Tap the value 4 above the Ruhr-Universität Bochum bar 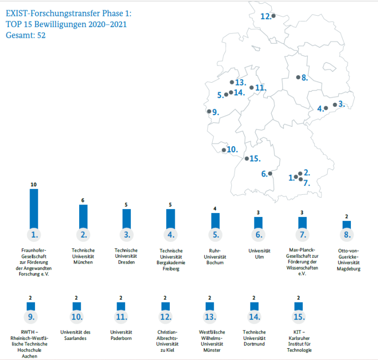click(x=215, y=209)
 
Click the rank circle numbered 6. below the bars click(x=258, y=235)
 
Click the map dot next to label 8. click(x=298, y=77)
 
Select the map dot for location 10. click(x=224, y=150)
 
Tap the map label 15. click(x=254, y=158)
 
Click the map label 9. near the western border click(x=215, y=112)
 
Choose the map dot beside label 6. click(x=270, y=173)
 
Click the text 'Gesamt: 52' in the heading click(x=26, y=35)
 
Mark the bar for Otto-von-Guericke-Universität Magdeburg click(x=346, y=224)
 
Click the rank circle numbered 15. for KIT click(x=299, y=316)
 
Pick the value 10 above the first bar click(x=33, y=184)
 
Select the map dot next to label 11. click(x=252, y=88)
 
